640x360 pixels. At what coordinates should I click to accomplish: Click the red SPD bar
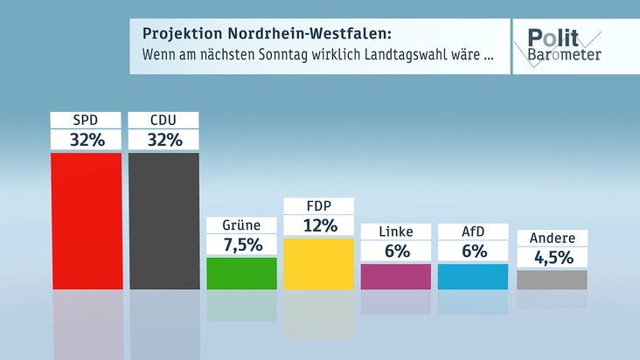pos(86,220)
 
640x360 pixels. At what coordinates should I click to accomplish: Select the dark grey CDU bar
pos(163,220)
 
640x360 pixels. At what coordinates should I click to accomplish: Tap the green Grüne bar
pos(241,273)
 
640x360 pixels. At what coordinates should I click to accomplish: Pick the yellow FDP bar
pos(319,263)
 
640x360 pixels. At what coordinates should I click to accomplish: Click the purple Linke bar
pos(396,276)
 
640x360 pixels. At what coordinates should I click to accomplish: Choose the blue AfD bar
pos(473,276)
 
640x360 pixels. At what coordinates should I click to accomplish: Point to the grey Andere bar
pos(552,280)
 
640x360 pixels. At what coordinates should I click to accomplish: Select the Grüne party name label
pos(241,225)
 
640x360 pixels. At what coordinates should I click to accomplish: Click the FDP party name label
pos(319,206)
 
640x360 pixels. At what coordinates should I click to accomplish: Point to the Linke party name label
pos(396,232)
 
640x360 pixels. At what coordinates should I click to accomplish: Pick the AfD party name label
pos(473,232)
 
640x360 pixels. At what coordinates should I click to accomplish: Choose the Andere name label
pos(552,238)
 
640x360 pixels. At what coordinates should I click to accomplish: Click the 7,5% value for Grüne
pos(241,245)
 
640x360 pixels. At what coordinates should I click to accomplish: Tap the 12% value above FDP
pos(319,225)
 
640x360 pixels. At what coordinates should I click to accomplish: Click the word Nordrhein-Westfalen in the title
pos(316,34)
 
